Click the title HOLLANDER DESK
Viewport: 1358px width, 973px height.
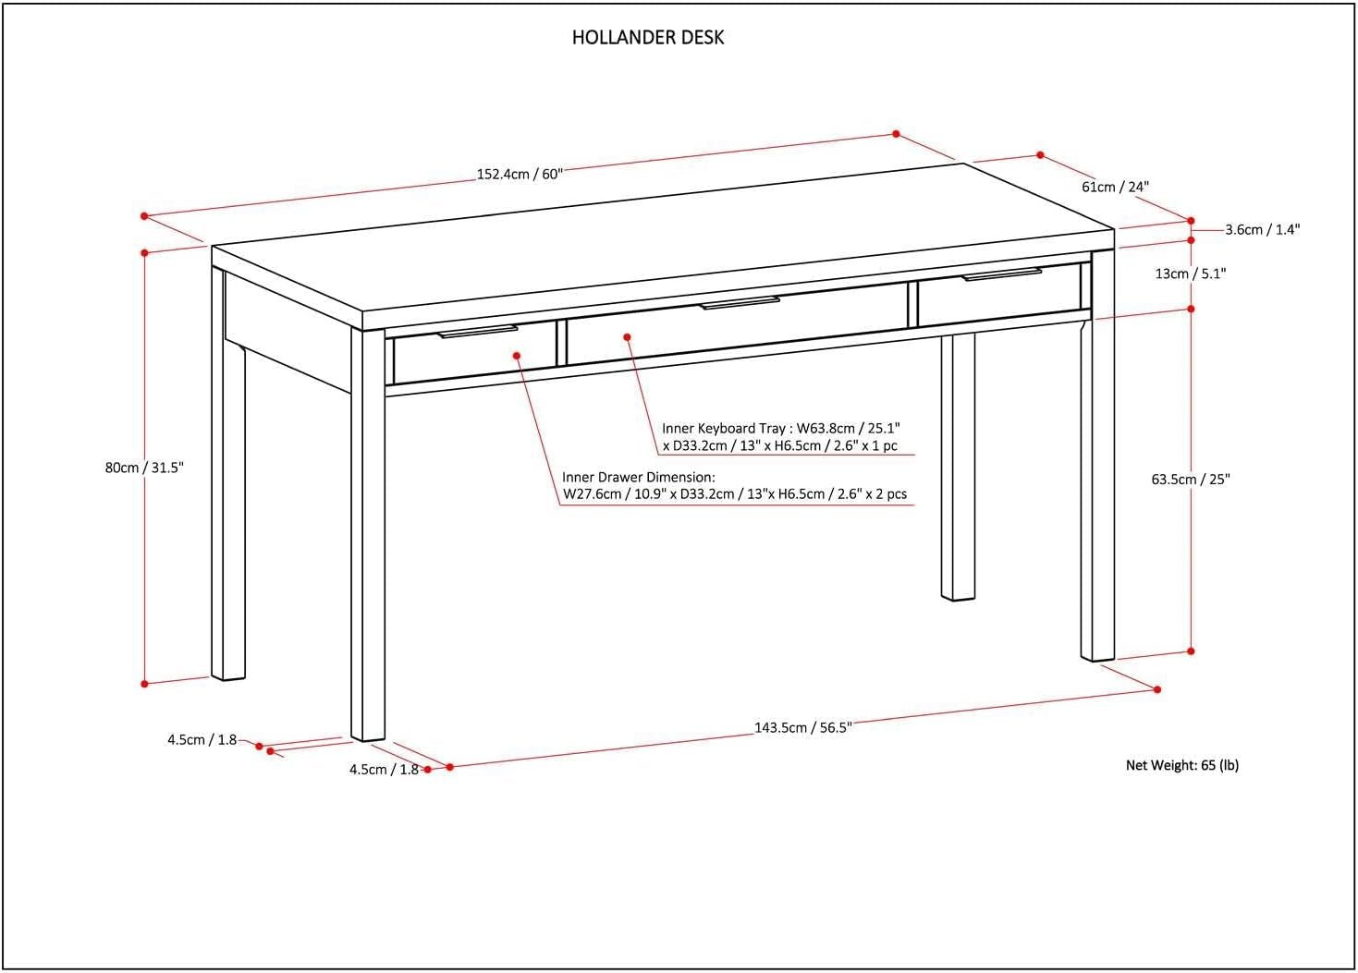[x=647, y=38]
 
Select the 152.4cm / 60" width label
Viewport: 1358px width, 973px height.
[x=519, y=174]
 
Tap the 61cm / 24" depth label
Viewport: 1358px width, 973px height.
[x=1115, y=187]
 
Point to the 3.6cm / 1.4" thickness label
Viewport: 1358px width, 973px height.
[x=1262, y=230]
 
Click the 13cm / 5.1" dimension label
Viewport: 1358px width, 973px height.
[x=1191, y=274]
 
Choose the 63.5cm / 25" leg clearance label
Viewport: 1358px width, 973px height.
[x=1191, y=479]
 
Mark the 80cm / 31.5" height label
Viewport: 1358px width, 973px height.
[x=144, y=468]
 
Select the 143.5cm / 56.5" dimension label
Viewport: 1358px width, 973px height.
[x=802, y=727]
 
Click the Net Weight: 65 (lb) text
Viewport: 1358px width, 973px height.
[x=1181, y=765]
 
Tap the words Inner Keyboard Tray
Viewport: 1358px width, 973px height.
[x=721, y=429]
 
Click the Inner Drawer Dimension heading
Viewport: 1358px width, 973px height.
[x=638, y=478]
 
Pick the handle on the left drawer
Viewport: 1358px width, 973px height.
[x=477, y=331]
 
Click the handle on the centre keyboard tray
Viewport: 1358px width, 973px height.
[x=740, y=302]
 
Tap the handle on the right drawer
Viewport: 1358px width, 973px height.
[x=1001, y=274]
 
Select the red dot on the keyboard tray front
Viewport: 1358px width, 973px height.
[x=627, y=337]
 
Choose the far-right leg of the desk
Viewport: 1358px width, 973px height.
[x=1097, y=490]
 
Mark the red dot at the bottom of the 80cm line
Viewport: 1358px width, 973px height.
[x=144, y=684]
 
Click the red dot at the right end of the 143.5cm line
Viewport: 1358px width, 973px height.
[x=1157, y=689]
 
